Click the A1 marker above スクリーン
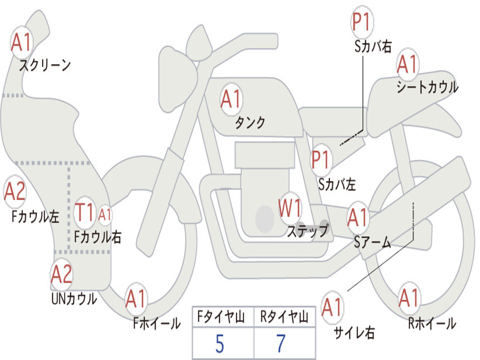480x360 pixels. click(22, 42)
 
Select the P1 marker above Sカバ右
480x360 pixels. click(362, 22)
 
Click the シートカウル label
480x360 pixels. click(427, 87)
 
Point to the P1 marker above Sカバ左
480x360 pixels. click(321, 159)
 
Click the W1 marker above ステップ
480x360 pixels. click(290, 208)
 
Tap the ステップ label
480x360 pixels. click(307, 231)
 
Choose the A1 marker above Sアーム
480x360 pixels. click(357, 217)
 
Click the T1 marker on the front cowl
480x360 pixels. click(84, 212)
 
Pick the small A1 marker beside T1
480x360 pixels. click(105, 215)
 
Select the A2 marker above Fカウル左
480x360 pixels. click(15, 191)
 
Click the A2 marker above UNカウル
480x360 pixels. click(61, 274)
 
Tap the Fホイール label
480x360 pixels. click(157, 323)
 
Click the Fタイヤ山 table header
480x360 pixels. click(221, 316)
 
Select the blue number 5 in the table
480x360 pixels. click(220, 344)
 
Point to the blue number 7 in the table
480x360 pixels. click(281, 343)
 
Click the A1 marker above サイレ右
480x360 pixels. click(332, 307)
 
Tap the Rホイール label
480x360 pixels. click(432, 323)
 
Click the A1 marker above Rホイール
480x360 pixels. click(409, 298)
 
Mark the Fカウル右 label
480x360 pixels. click(98, 237)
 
